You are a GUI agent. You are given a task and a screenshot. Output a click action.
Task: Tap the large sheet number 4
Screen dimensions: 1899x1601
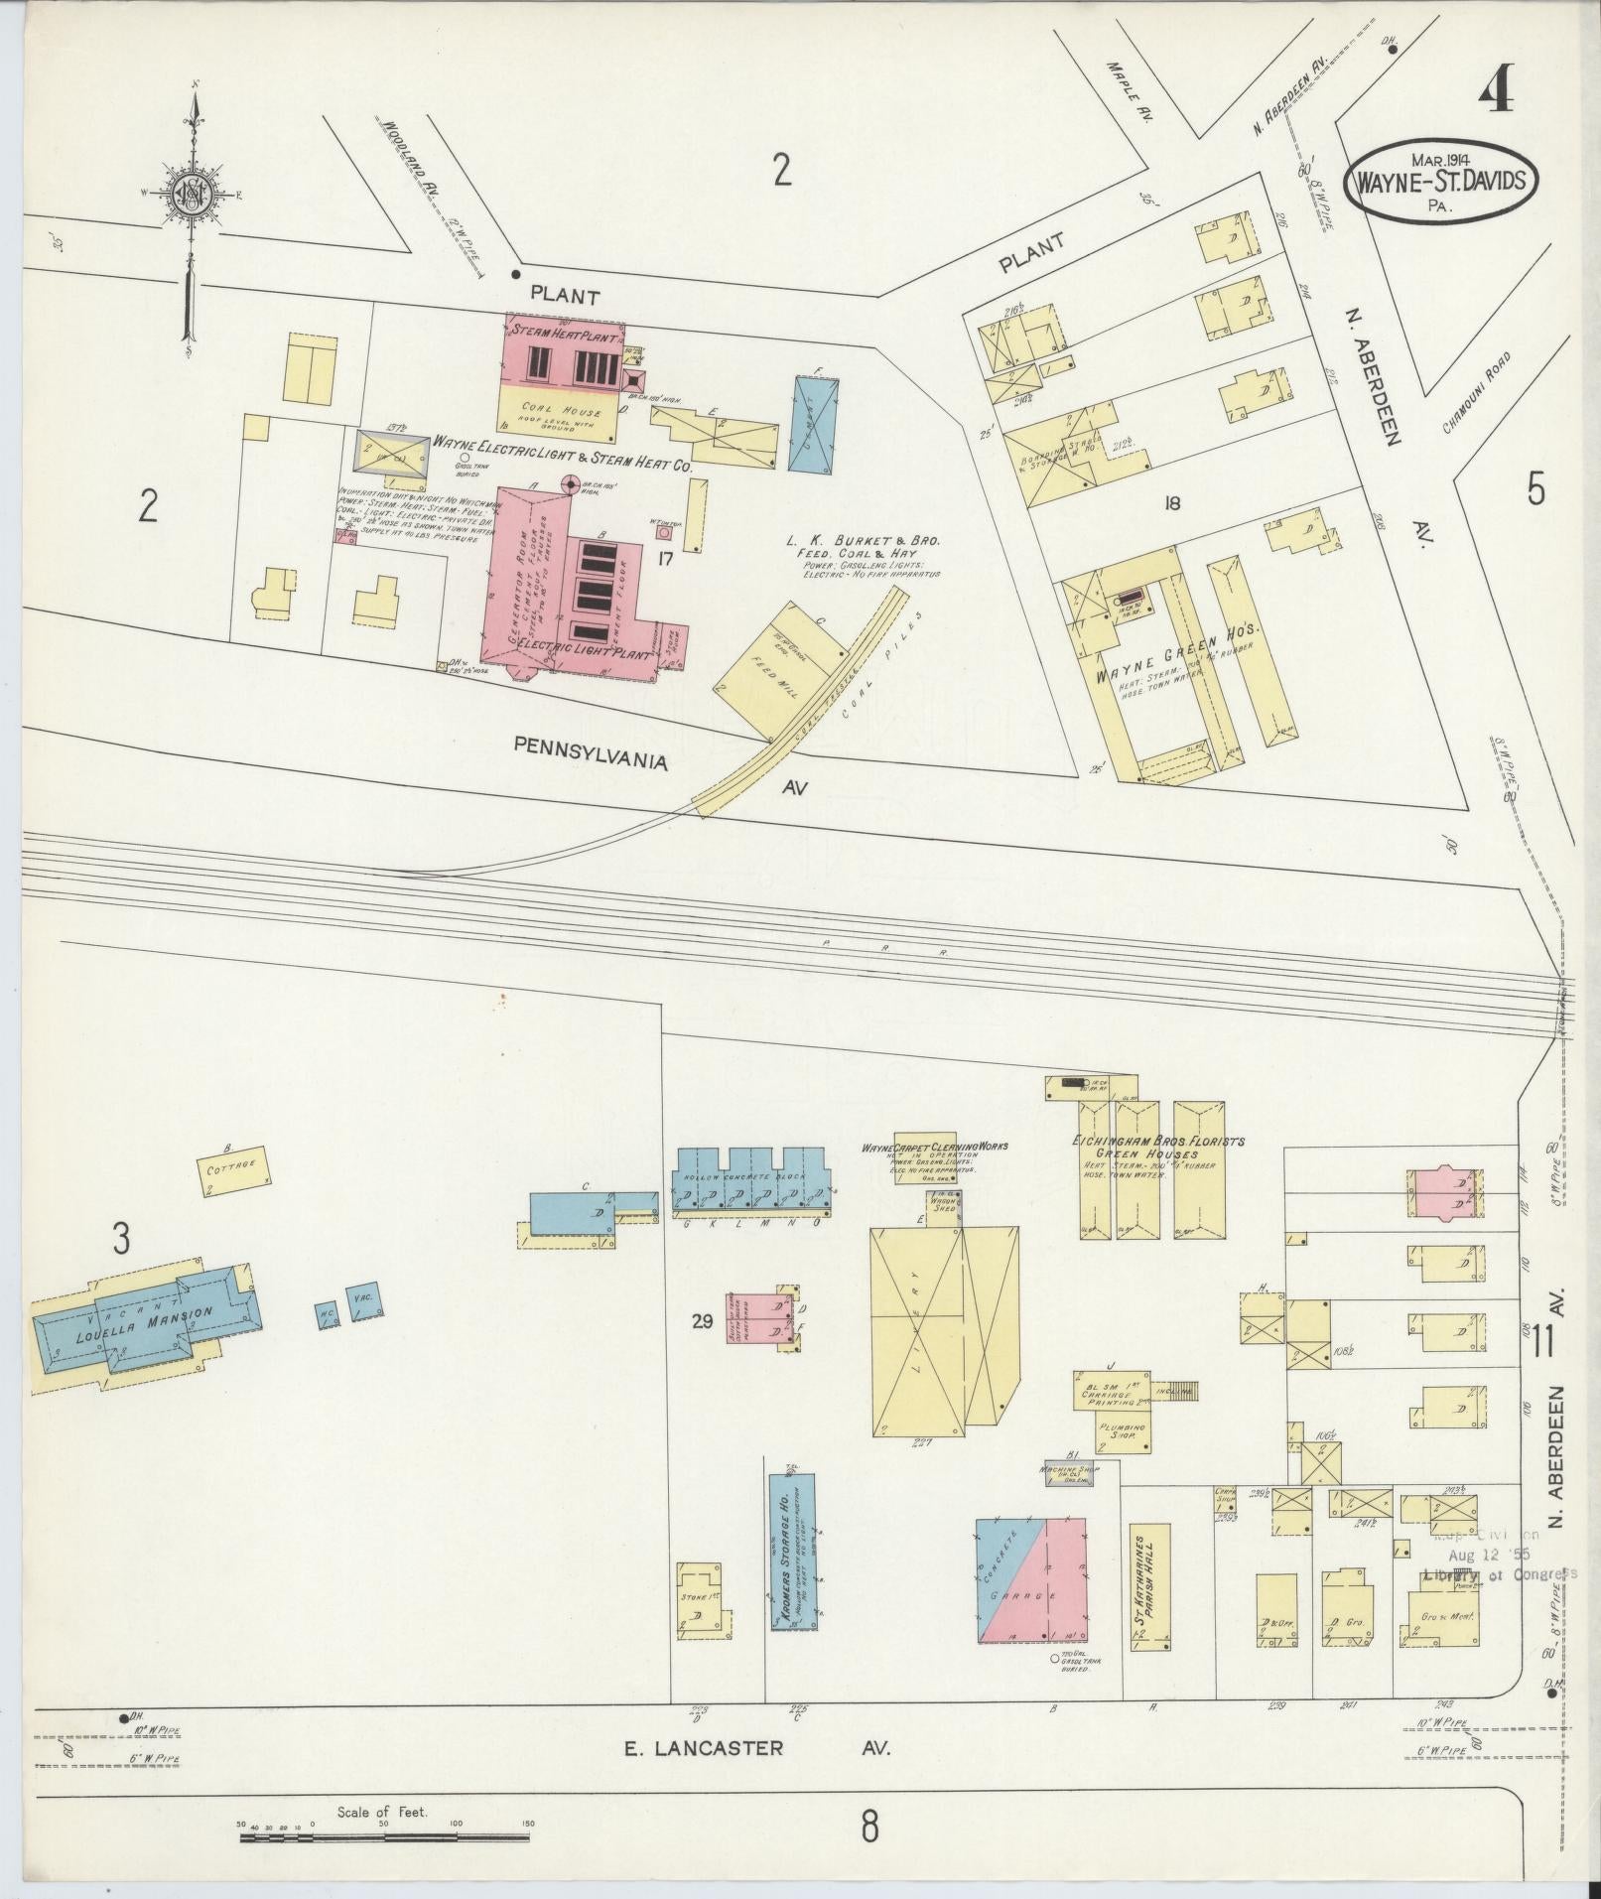point(1496,96)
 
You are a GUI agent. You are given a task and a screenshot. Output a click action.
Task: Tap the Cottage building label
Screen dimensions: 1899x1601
point(232,1166)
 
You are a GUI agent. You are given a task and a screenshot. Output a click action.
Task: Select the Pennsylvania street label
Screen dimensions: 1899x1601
point(590,751)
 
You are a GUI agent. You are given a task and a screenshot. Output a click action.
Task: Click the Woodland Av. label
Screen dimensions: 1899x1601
point(407,157)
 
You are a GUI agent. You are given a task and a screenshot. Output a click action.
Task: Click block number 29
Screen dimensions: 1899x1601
point(703,1321)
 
